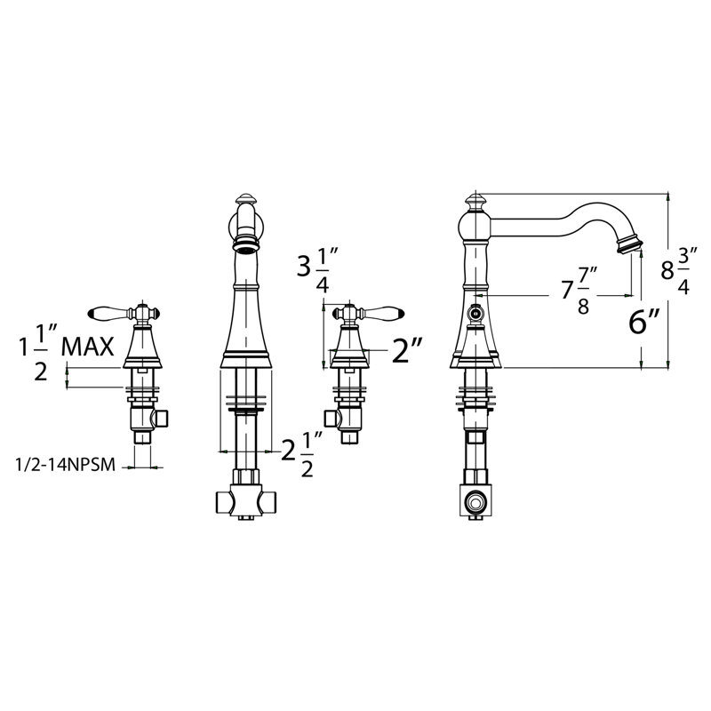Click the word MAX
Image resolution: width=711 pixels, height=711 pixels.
coord(87,348)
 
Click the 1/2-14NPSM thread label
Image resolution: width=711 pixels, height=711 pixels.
coord(65,465)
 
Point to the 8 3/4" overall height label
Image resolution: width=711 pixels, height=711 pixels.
coord(678,270)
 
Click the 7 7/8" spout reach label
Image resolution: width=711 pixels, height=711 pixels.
coord(579,291)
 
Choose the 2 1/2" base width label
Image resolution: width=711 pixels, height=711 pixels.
coord(301,453)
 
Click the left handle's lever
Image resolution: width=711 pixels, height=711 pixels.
coord(108,314)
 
